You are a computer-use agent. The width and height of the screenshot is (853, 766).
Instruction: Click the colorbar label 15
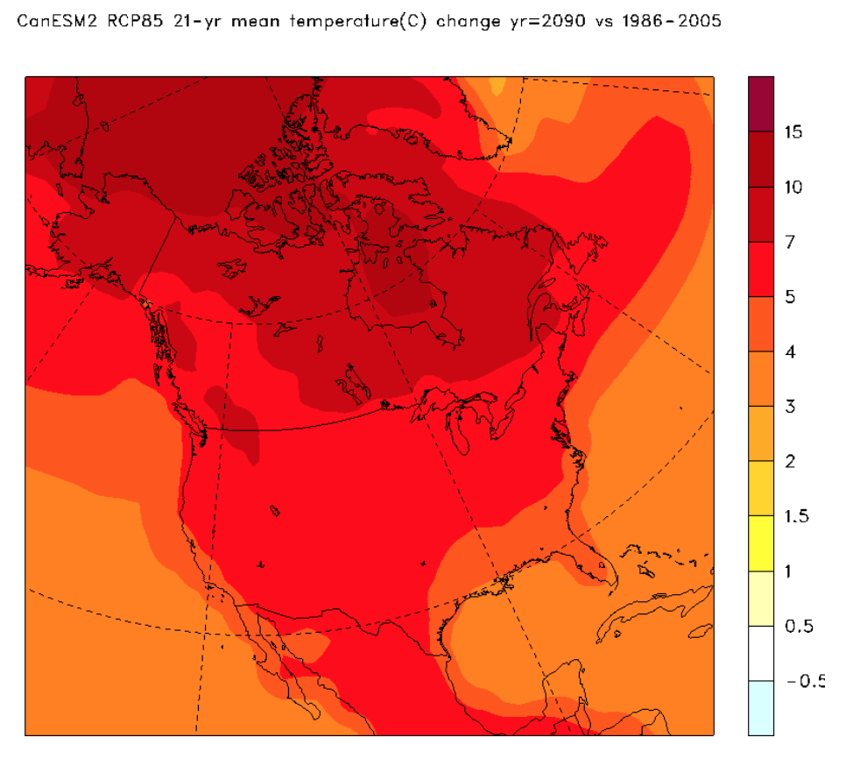794,132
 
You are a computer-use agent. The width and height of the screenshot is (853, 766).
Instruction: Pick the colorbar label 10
794,188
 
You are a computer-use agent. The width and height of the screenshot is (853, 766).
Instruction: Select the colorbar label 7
790,242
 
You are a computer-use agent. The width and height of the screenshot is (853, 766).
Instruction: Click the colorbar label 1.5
795,516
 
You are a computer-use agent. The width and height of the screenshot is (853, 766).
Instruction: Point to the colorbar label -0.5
804,681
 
